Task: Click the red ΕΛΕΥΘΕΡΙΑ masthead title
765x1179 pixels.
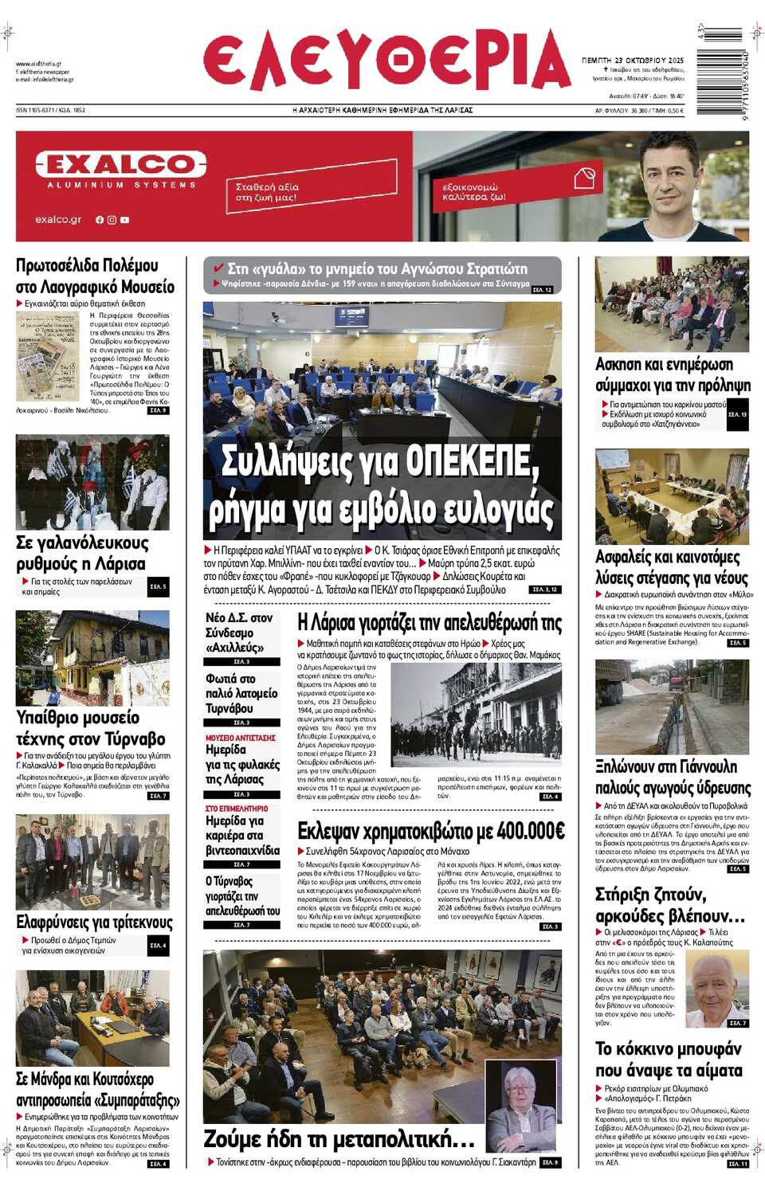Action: (x=386, y=61)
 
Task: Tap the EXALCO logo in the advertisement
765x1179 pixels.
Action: (x=120, y=165)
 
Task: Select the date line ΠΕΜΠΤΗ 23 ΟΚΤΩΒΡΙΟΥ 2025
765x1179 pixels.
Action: (x=633, y=60)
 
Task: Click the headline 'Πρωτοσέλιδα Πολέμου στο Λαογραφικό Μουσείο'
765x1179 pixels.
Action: (x=95, y=276)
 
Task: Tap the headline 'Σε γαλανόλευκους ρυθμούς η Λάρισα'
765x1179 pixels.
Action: (x=80, y=553)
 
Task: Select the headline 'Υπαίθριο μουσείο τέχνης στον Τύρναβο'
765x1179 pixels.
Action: (x=91, y=728)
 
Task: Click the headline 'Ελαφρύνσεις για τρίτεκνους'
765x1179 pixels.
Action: (x=94, y=922)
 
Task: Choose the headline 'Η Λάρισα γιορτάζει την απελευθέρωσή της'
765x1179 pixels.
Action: (x=429, y=623)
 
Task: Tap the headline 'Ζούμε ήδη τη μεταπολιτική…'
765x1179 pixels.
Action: (x=339, y=1138)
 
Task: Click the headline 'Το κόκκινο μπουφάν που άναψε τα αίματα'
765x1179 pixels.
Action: (x=669, y=1059)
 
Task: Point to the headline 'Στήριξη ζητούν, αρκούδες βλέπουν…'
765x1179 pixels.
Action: (x=669, y=905)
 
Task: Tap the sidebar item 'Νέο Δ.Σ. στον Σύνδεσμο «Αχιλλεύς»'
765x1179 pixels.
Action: (x=239, y=633)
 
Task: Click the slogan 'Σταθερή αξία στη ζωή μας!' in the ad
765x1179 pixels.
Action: (x=267, y=191)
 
